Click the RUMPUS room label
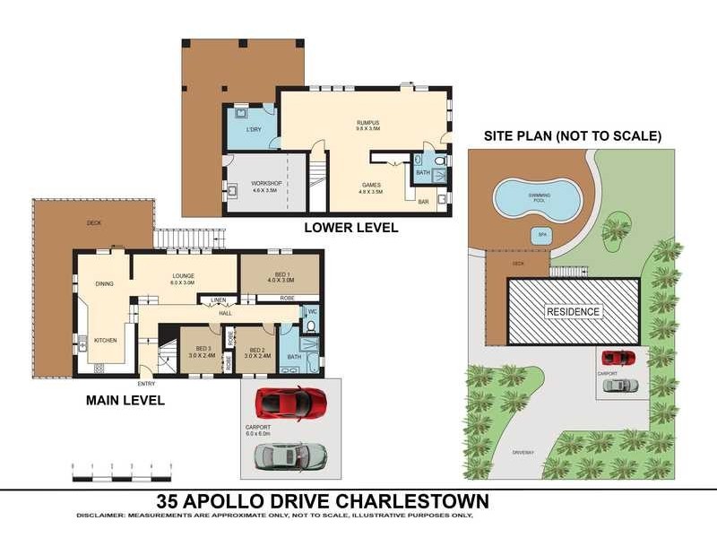[368, 122]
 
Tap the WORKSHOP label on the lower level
[267, 183]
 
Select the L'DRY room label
[254, 130]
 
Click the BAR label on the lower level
[423, 202]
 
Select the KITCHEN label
[106, 340]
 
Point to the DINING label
[105, 283]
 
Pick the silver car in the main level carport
[288, 456]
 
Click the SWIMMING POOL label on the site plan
[540, 196]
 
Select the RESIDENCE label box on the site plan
[574, 311]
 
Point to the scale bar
[122, 467]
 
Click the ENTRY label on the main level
[146, 384]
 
